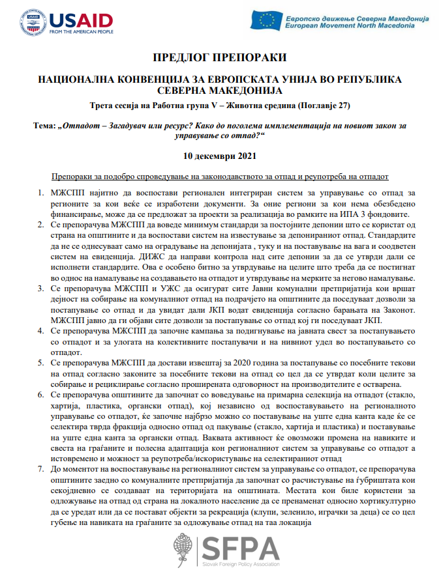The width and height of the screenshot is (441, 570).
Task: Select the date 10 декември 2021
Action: coord(220,156)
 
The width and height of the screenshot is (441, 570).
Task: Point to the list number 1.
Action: coord(41,193)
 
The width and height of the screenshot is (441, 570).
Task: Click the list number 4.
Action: coord(41,330)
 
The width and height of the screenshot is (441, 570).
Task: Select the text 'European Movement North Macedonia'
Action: coord(351,27)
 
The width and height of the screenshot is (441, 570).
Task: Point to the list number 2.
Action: coord(41,223)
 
